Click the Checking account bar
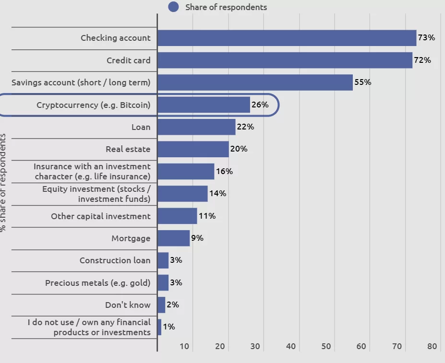[x=287, y=38]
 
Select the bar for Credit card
[x=285, y=60]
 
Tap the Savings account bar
[x=255, y=82]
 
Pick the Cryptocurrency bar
[x=204, y=105]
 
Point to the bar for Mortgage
[x=173, y=238]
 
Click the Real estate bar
[x=193, y=149]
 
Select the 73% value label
[x=426, y=37]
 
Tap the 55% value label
[x=362, y=82]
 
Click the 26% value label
[x=260, y=105]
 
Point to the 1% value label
[x=168, y=327]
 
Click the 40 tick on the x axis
[x=291, y=347]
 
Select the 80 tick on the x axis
[x=432, y=347]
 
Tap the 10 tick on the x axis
[x=185, y=347]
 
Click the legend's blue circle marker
[x=174, y=7]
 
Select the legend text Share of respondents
[x=226, y=7]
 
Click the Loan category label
[x=141, y=127]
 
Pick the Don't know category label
[x=128, y=305]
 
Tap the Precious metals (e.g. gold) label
[x=97, y=283]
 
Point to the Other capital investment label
[x=100, y=216]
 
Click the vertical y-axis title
[x=3, y=182]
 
